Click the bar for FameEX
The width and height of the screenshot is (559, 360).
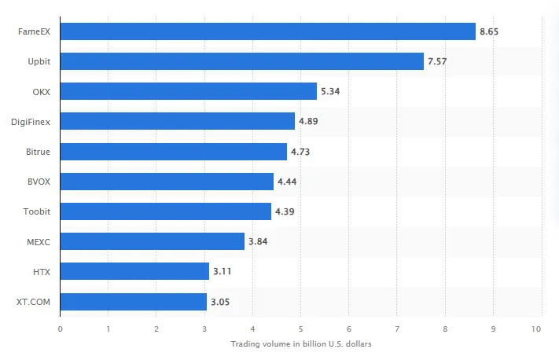click(267, 31)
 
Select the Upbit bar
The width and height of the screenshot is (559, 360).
click(241, 61)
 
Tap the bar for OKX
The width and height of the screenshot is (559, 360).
click(188, 91)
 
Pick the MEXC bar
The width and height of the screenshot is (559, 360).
click(152, 241)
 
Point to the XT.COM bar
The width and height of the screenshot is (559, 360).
click(133, 302)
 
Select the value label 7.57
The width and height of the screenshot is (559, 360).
click(437, 61)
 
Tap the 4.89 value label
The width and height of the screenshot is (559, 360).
click(308, 121)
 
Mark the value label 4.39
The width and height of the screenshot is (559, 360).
click(284, 211)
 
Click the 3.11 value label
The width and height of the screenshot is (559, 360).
click(222, 272)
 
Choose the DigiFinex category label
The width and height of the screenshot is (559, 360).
click(31, 121)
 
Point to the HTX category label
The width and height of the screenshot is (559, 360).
click(42, 272)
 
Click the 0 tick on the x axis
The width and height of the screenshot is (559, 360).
click(60, 328)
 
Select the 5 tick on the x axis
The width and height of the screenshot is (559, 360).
click(300, 328)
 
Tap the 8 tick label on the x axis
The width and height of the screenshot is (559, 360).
click(445, 328)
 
